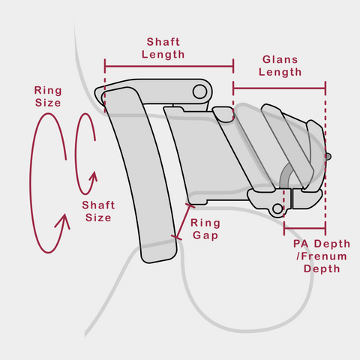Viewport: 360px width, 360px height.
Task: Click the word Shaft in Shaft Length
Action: pyautogui.click(x=163, y=42)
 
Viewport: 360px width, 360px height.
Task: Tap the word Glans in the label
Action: pyautogui.click(x=280, y=59)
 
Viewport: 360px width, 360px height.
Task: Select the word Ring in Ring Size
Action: pyautogui.click(x=48, y=91)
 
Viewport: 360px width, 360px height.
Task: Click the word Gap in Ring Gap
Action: pyautogui.click(x=205, y=235)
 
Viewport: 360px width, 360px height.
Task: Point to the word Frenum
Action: pyautogui.click(x=323, y=256)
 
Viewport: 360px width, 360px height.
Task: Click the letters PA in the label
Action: pyautogui.click(x=301, y=244)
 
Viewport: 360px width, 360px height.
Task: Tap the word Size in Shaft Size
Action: pyautogui.click(x=98, y=217)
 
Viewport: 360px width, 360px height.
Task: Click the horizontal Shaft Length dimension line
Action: pyautogui.click(x=169, y=67)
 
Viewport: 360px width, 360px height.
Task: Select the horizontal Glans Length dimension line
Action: pyautogui.click(x=279, y=88)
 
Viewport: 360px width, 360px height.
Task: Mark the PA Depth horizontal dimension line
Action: pyautogui.click(x=304, y=228)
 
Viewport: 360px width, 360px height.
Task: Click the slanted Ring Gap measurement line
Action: pyautogui.click(x=183, y=221)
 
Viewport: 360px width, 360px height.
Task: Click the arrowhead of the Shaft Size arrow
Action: pyautogui.click(x=94, y=176)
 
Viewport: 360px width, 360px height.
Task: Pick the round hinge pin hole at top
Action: pyautogui.click(x=199, y=91)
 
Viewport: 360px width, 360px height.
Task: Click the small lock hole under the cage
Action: pyautogui.click(x=277, y=208)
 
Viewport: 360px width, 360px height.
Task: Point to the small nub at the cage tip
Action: pyautogui.click(x=328, y=157)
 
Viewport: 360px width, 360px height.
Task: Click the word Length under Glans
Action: pyautogui.click(x=280, y=72)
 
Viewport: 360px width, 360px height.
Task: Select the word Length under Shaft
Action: pyautogui.click(x=163, y=55)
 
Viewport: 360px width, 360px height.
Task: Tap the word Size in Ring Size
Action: pyautogui.click(x=48, y=103)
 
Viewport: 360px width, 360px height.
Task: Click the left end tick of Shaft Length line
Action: pyautogui.click(x=105, y=67)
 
